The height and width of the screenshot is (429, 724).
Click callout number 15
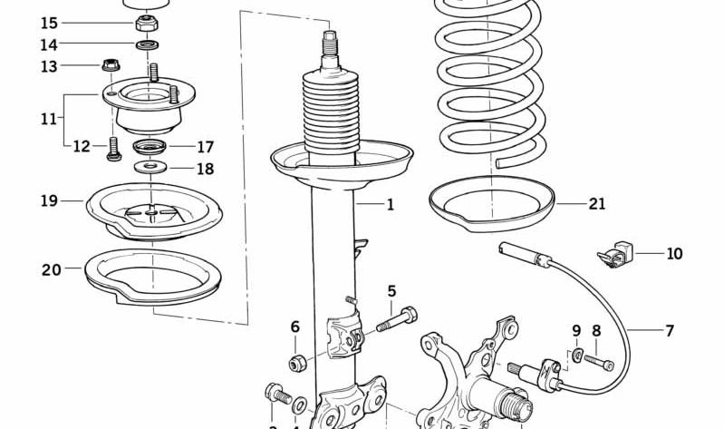49,23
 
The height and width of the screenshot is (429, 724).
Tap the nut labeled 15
145,22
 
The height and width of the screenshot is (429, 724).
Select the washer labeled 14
146,44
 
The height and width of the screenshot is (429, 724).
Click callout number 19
49,200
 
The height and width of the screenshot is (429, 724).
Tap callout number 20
51,269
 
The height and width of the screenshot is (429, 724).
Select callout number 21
596,204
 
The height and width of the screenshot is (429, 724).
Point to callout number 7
670,331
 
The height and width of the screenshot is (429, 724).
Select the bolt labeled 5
397,320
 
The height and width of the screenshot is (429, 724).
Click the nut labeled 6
295,363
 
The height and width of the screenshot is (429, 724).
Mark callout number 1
391,205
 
